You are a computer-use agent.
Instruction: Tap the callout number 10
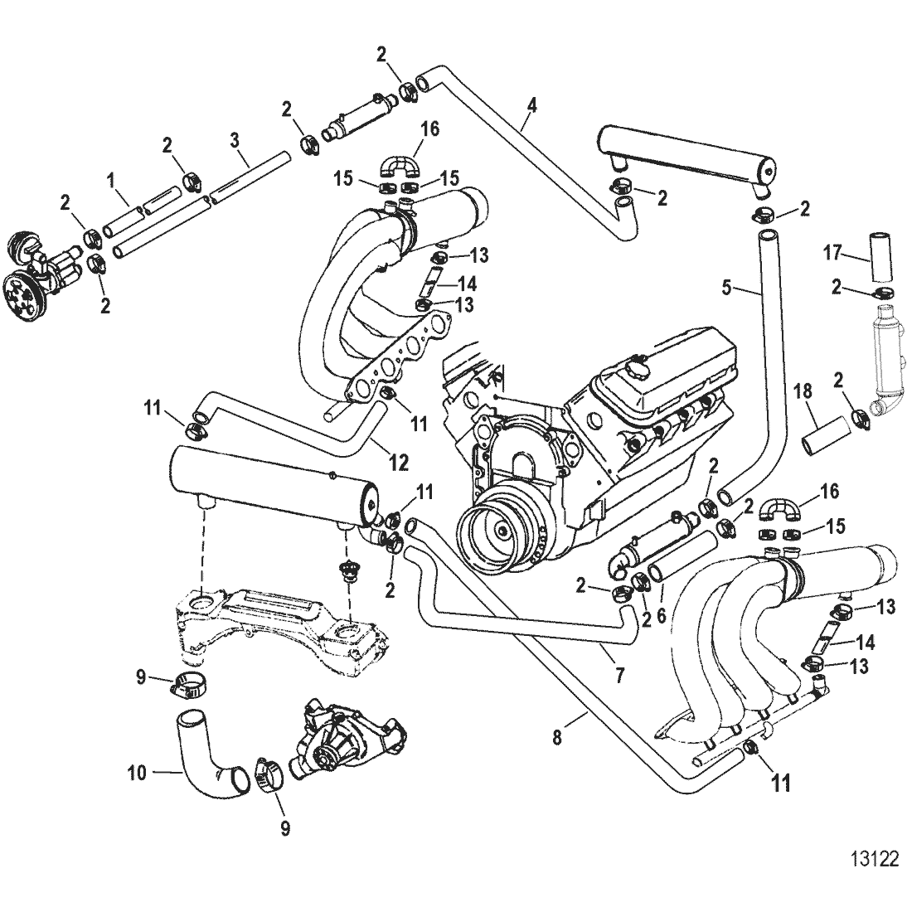coord(136,773)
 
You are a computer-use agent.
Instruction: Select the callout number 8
coord(556,735)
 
